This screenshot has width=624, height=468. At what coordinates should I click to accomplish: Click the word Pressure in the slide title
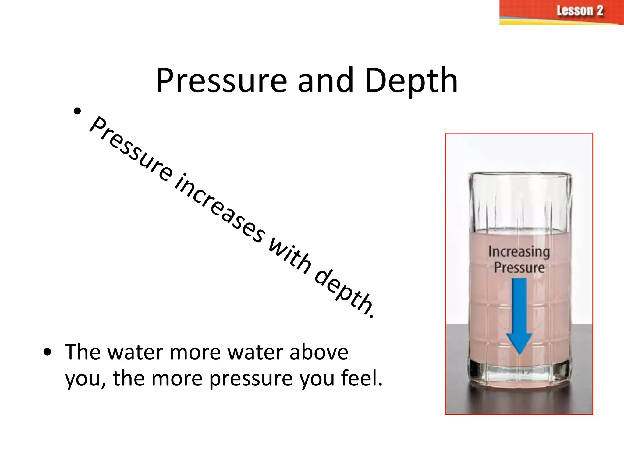click(x=222, y=81)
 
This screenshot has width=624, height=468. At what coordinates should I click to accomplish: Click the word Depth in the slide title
click(x=411, y=81)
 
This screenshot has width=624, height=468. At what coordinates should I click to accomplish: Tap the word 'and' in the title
click(x=325, y=80)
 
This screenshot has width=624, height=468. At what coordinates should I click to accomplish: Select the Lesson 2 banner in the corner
click(x=561, y=12)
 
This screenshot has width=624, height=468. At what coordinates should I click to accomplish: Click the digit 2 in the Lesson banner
click(x=600, y=11)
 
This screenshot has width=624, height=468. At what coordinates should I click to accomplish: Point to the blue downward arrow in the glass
click(x=519, y=314)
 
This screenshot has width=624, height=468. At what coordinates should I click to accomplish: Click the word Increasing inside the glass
click(x=519, y=252)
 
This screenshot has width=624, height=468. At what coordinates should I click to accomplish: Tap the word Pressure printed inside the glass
click(x=519, y=268)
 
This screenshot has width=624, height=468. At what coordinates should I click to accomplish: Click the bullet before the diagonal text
click(x=77, y=111)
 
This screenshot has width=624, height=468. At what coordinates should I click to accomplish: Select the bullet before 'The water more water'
click(x=47, y=353)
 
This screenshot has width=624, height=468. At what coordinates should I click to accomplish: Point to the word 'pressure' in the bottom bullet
click(x=251, y=378)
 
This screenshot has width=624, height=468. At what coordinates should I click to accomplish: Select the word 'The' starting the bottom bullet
click(x=83, y=352)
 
